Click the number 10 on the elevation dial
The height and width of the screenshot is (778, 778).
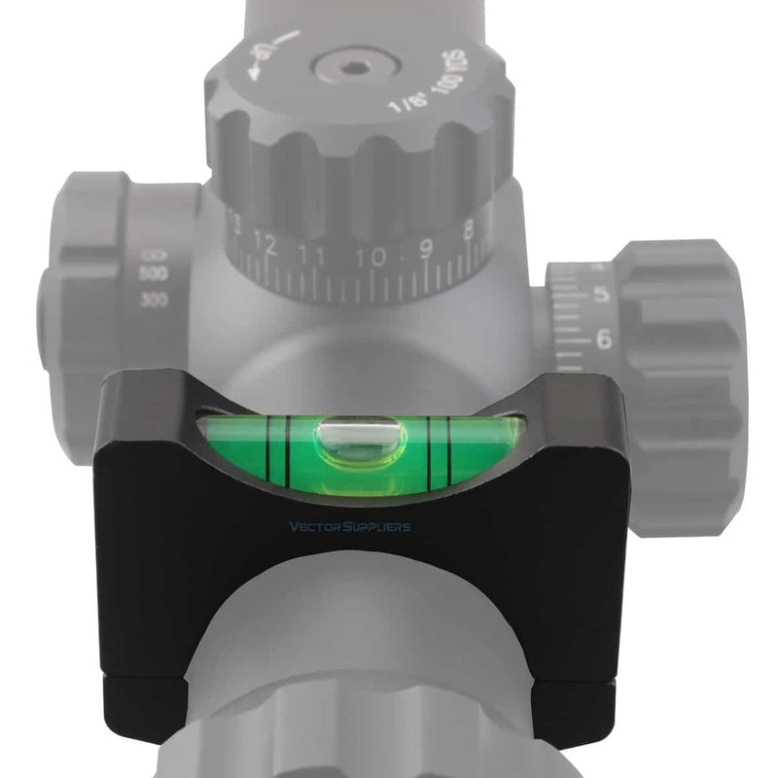pos(371,259)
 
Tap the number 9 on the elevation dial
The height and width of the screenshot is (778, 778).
pos(425,250)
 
